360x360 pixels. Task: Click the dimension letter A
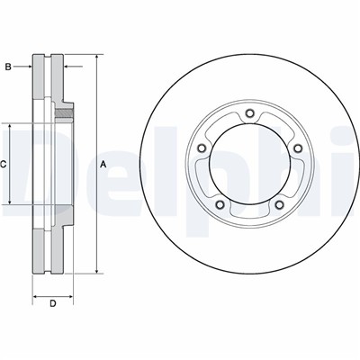coord(103,164)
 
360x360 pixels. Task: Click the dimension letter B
coord(8,67)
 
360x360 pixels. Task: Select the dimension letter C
coord(3,164)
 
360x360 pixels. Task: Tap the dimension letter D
coord(53,304)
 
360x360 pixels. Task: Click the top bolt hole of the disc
coord(249,113)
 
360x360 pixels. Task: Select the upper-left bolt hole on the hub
coord(202,148)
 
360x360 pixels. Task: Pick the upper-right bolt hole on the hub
coord(298,148)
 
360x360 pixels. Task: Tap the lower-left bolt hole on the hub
coord(220,204)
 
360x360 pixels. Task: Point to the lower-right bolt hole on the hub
coord(280,204)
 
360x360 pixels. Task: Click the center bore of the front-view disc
coord(249,164)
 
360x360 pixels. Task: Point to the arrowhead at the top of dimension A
coord(96,58)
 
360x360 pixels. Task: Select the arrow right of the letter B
coord(22,67)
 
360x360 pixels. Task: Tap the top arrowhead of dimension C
coord(10,127)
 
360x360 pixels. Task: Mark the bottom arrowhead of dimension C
coord(10,202)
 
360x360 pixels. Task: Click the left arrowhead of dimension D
coord(36,296)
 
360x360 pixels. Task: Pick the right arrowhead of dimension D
coord(69,296)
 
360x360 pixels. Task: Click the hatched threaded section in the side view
coord(64,113)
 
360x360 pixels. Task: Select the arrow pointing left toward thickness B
coord(73,67)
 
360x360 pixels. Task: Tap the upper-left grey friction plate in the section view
coord(38,76)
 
